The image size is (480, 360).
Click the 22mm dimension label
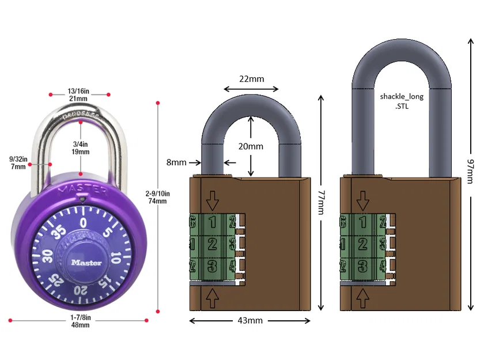tap(251, 78)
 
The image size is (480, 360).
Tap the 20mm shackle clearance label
tap(251, 146)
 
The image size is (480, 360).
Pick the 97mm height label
tap(470, 171)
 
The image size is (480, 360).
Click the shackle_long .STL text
tap(402, 101)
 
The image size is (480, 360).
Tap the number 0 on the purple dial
tap(84, 222)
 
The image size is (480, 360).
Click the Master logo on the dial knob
tap(86, 262)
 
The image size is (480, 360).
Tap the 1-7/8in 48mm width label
tap(80, 321)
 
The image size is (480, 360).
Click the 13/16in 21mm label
tap(78, 95)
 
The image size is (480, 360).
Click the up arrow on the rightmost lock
tap(363, 298)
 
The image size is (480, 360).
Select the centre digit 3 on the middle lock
tap(212, 266)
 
